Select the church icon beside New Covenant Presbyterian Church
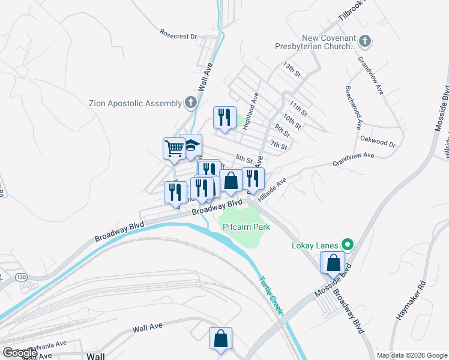pyautogui.click(x=365, y=41)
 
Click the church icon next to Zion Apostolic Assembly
pyautogui.click(x=190, y=103)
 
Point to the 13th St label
pyautogui.click(x=292, y=70)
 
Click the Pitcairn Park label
pyautogui.click(x=246, y=227)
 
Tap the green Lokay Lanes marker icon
pyautogui.click(x=346, y=244)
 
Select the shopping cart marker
pyautogui.click(x=174, y=148)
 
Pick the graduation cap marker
pyautogui.click(x=192, y=146)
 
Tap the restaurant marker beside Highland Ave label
pyautogui.click(x=224, y=117)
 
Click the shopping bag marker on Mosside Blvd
pyautogui.click(x=333, y=263)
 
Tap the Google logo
pyautogui.click(x=19, y=353)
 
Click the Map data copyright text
pyautogui.click(x=411, y=355)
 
